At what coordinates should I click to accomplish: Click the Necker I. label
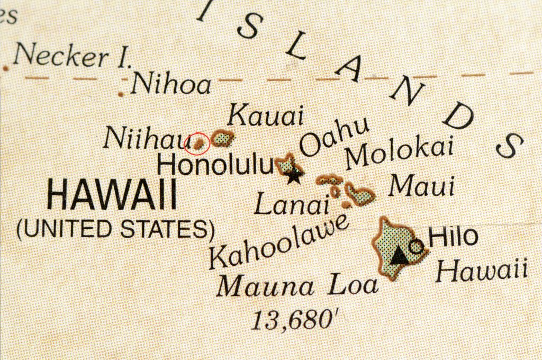tap(71, 56)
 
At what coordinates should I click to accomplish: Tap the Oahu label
tap(335, 137)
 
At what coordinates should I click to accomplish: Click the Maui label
tap(422, 186)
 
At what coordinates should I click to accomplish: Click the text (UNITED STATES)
tap(115, 229)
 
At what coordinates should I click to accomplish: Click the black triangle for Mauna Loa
tap(400, 256)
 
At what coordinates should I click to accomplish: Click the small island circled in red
tap(200, 142)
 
